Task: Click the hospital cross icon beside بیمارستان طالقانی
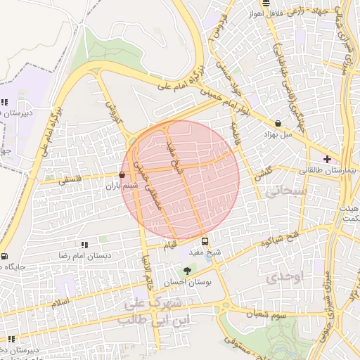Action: pyautogui.click(x=327, y=160)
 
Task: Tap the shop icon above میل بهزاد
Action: pyautogui.click(x=278, y=123)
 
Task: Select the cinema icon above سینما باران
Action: pyautogui.click(x=122, y=175)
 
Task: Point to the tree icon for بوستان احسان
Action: pyautogui.click(x=186, y=271)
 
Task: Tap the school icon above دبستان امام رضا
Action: pyautogui.click(x=84, y=245)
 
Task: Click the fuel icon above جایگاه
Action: pyautogui.click(x=5, y=257)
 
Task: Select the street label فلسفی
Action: pyautogui.click(x=71, y=180)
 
